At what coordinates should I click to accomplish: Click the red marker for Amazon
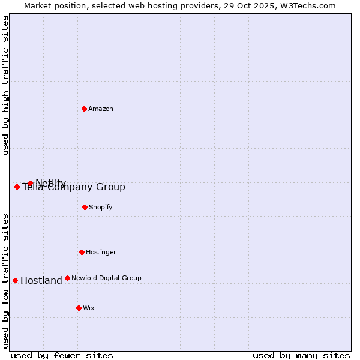[x=84, y=109]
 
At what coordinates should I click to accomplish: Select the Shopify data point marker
[x=85, y=207]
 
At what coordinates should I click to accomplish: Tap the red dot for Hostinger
[x=82, y=252]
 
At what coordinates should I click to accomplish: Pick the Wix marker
[x=79, y=308]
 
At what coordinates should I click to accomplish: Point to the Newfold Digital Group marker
[x=67, y=278]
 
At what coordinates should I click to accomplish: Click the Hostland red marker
[x=15, y=280]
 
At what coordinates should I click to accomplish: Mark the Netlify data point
[x=30, y=183]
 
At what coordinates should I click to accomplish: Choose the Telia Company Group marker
[x=17, y=187]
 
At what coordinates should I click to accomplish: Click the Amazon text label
[x=101, y=109]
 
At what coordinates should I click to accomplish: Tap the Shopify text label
[x=101, y=207]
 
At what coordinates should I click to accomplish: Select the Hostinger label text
[x=101, y=252]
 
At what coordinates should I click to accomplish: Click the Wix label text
[x=89, y=308]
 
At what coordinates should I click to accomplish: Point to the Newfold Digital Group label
[x=106, y=278]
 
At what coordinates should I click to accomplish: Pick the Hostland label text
[x=41, y=280]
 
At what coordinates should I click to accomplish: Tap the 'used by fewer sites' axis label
[x=62, y=355]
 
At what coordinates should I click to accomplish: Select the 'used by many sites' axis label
[x=301, y=355]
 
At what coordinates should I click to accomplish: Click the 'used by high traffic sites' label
[x=5, y=85]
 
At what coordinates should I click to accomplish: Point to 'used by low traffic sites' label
[x=5, y=281]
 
